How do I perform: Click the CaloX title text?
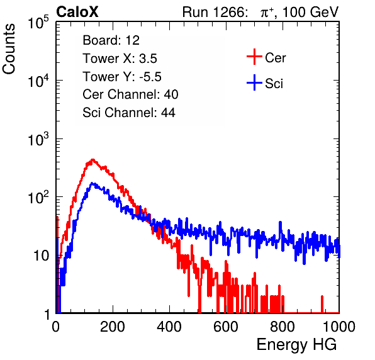[x=77, y=12]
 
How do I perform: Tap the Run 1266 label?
[x=215, y=12]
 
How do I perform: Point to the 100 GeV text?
[x=311, y=12]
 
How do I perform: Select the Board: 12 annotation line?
[x=111, y=40]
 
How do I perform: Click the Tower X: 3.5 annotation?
[x=120, y=59]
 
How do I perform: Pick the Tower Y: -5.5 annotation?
[x=122, y=77]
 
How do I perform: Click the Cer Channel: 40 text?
[x=130, y=94]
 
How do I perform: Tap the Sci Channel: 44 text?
[x=129, y=113]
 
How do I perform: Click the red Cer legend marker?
[x=254, y=57]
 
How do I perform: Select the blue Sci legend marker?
[x=254, y=83]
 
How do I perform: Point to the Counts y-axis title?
[x=9, y=49]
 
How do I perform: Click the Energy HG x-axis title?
[x=296, y=345]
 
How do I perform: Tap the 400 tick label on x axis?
[x=169, y=327]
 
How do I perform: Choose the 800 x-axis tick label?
[x=283, y=327]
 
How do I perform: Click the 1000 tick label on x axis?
[x=339, y=327]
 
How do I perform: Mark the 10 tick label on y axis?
[x=42, y=256]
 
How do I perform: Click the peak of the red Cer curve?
[x=92, y=160]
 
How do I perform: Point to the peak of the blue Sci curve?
[x=92, y=184]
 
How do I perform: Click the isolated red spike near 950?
[x=322, y=304]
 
